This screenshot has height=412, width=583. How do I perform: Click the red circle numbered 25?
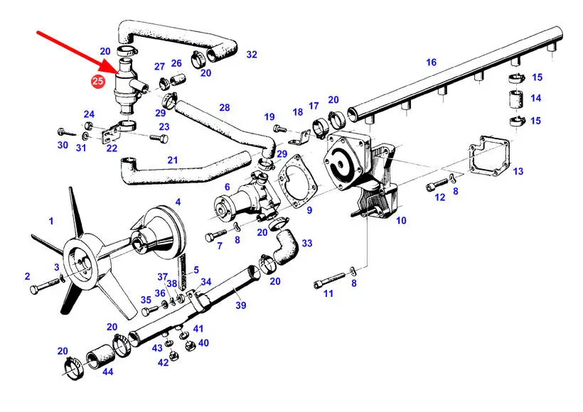coord(97,81)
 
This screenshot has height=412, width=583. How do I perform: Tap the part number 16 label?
coord(432,62)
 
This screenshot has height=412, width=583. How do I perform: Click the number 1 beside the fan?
coord(51,221)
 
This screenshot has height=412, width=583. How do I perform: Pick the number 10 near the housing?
coord(401,221)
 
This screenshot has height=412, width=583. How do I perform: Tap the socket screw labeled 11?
coord(330,281)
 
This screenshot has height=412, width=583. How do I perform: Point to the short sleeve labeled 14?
coord(515,99)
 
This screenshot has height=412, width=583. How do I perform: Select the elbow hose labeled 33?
coord(286,246)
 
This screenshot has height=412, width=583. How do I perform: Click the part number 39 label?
coord(241,305)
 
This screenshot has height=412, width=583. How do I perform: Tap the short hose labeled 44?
coord(100,357)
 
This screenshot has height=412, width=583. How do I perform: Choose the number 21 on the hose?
coord(173,160)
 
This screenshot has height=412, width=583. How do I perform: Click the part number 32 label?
coord(252,55)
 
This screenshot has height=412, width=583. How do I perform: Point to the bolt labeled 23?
coord(159,139)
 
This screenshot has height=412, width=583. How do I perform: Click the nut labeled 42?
coord(173,355)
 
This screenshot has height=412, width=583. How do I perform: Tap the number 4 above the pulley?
coord(178,202)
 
